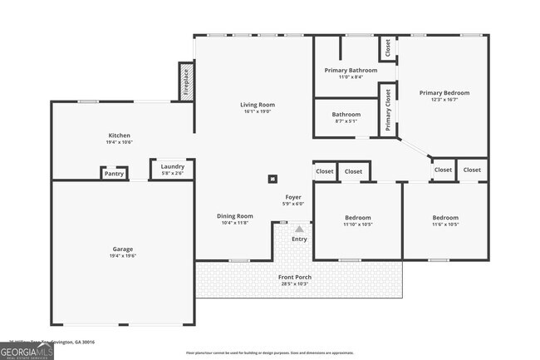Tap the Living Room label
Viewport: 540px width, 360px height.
258,105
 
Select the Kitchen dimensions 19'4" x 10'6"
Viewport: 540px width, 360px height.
120,142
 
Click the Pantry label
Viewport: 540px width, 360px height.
115,174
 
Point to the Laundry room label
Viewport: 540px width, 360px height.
173,166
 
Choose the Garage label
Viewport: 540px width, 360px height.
123,249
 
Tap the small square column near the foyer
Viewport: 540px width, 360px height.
272,178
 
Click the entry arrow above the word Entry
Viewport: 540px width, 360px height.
299,229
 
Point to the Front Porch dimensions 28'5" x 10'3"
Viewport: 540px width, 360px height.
295,284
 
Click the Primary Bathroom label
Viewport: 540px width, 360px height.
346,71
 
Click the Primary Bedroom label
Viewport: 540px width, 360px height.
444,93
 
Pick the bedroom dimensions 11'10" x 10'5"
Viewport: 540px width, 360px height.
358,224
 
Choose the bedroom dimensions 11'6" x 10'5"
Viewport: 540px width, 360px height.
445,224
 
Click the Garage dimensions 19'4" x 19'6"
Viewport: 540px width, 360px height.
123,256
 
